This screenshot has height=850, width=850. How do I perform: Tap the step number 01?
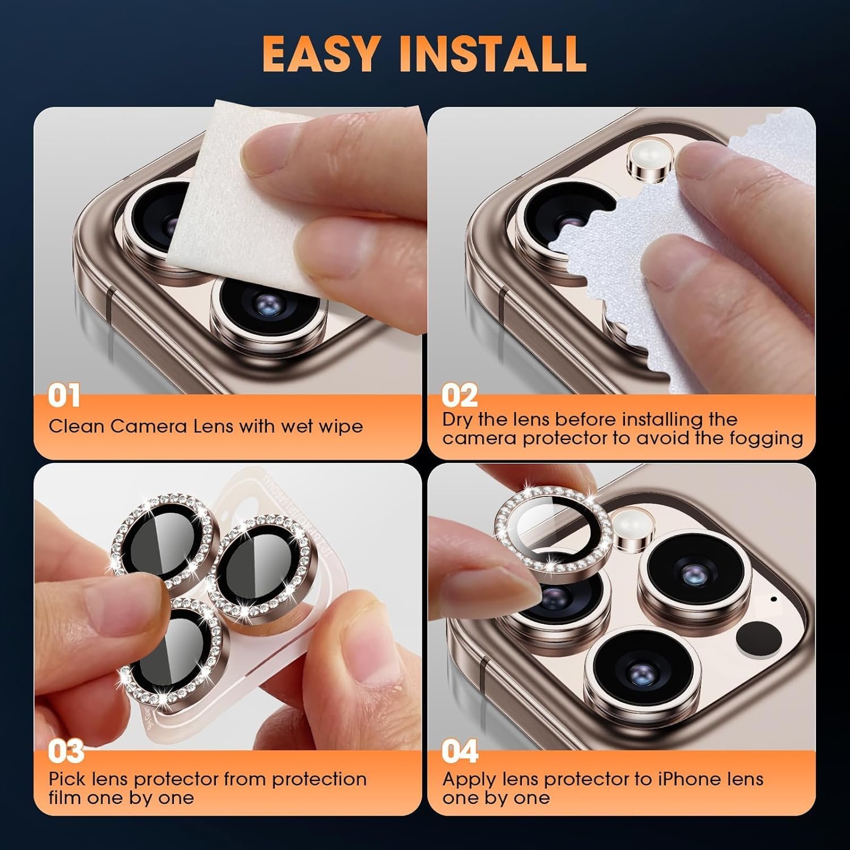[64, 396]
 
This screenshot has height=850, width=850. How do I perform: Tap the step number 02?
[459, 396]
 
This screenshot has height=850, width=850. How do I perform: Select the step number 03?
[66, 751]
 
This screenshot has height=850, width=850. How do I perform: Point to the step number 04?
[460, 751]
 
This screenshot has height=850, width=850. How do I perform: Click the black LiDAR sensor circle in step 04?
[759, 640]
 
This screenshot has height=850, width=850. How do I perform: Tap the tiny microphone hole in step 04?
[774, 598]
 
